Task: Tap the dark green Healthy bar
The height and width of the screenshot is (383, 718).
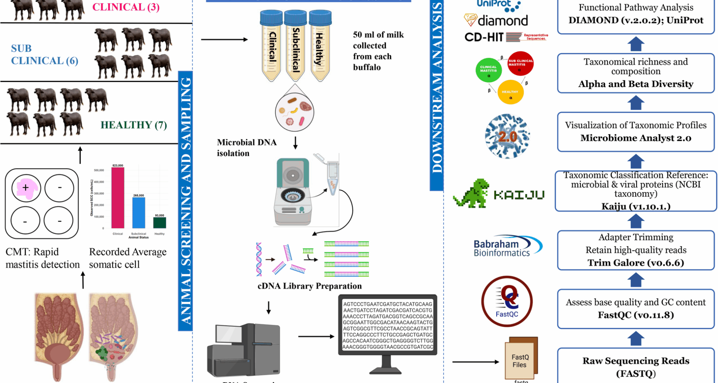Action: point(160,223)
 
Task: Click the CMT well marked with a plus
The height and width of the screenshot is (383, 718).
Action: point(26,188)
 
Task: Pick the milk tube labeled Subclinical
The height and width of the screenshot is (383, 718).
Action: point(295,47)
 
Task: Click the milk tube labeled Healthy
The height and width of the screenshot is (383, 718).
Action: point(320,47)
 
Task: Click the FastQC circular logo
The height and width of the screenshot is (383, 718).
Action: point(507,301)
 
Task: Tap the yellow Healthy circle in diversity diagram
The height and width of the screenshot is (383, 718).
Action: point(510,92)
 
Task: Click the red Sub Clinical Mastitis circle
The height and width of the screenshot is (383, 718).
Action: point(520,64)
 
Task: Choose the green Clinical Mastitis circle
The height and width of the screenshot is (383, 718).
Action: point(488,70)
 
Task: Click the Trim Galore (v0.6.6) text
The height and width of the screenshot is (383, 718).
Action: point(635,263)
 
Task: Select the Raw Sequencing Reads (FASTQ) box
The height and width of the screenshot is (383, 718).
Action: point(635,367)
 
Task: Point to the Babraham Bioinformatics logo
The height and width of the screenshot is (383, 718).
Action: point(507,247)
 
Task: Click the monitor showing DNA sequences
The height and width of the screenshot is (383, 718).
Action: point(387,325)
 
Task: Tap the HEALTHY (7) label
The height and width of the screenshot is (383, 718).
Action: point(134,125)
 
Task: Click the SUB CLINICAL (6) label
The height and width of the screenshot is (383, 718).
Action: point(44,55)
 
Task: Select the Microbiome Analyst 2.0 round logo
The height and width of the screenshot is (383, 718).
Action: point(507,137)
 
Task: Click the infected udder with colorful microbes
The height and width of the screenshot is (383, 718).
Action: point(113,333)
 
